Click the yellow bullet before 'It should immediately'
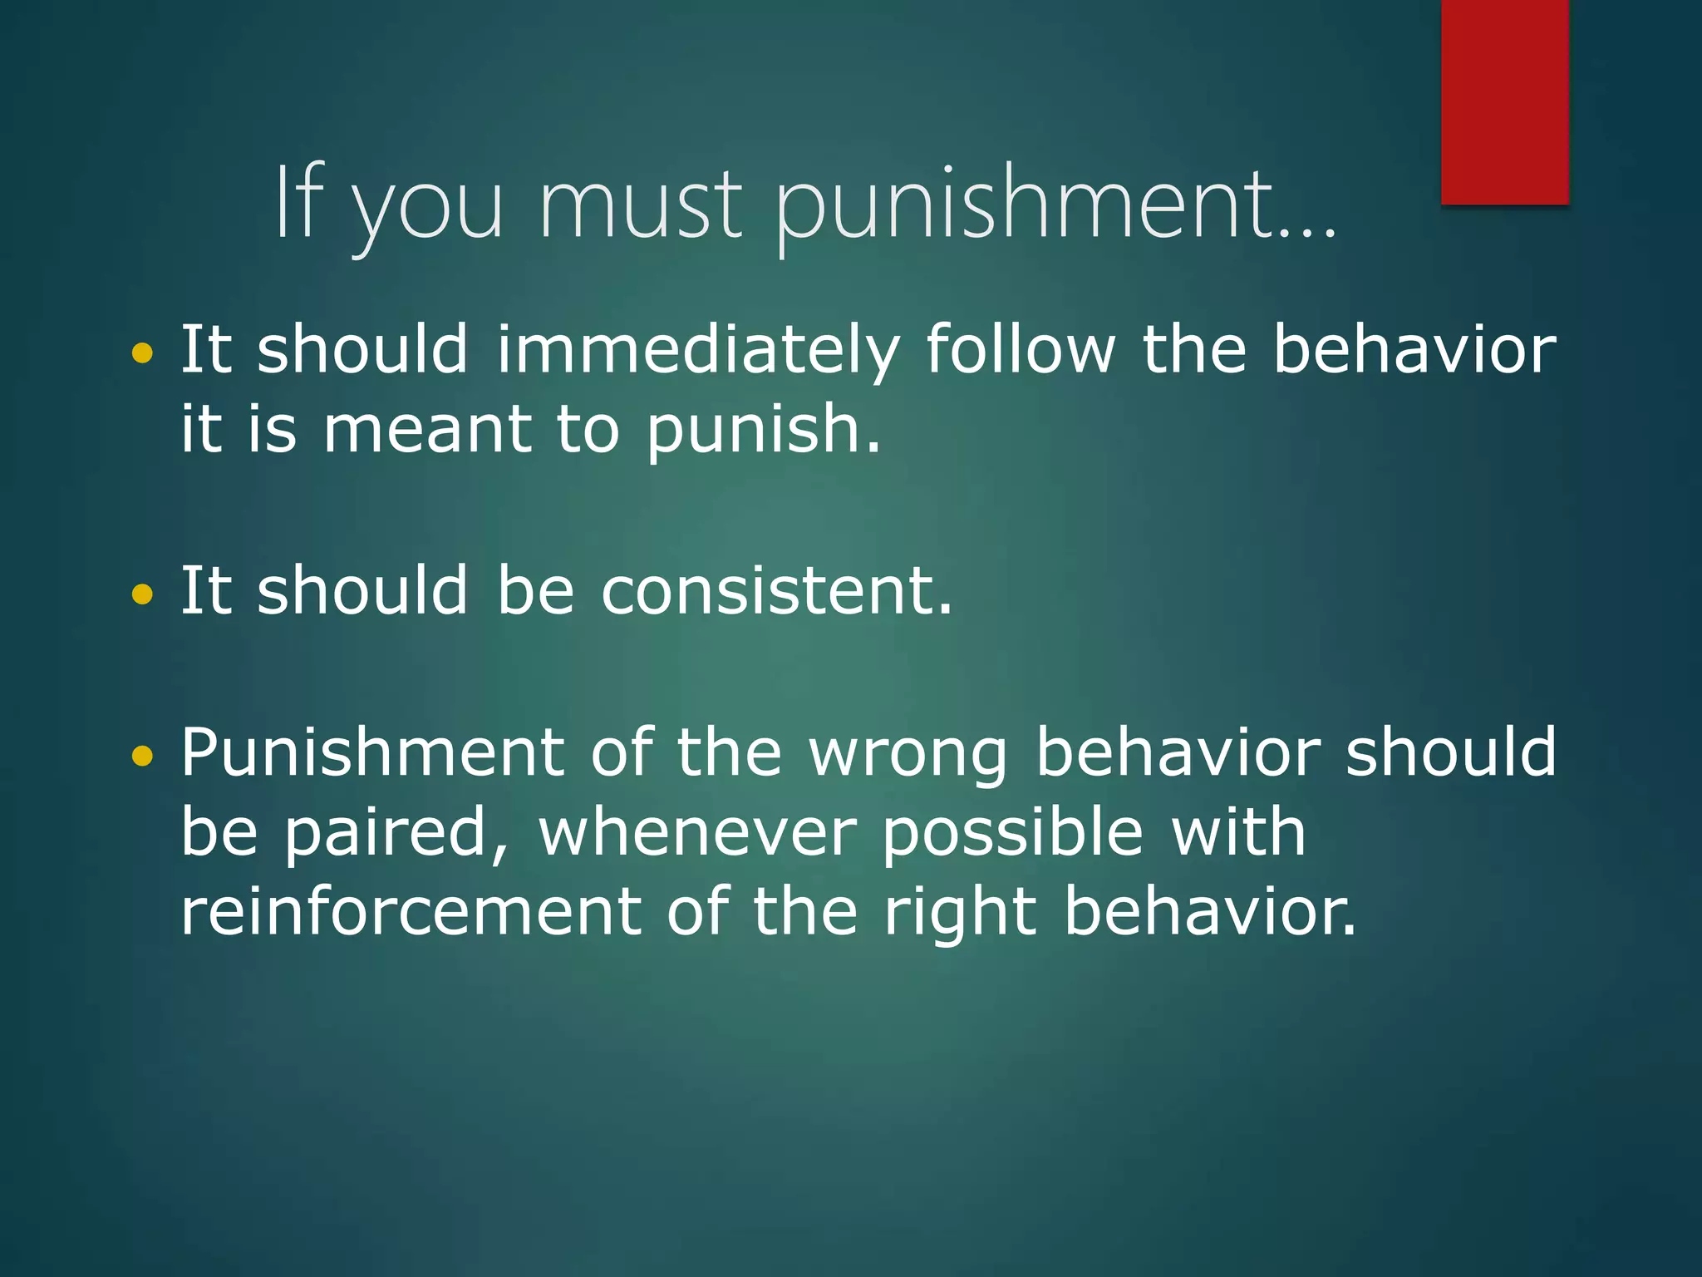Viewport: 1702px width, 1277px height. (x=143, y=353)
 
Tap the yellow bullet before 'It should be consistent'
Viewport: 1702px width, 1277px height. (x=143, y=594)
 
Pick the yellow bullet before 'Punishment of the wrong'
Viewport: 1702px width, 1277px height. (x=143, y=755)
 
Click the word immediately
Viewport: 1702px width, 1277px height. (x=698, y=351)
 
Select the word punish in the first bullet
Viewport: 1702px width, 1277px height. (x=762, y=431)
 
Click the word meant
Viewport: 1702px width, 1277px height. (x=427, y=431)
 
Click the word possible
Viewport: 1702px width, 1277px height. (x=1013, y=834)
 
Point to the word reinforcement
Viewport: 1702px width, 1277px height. (x=411, y=912)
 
